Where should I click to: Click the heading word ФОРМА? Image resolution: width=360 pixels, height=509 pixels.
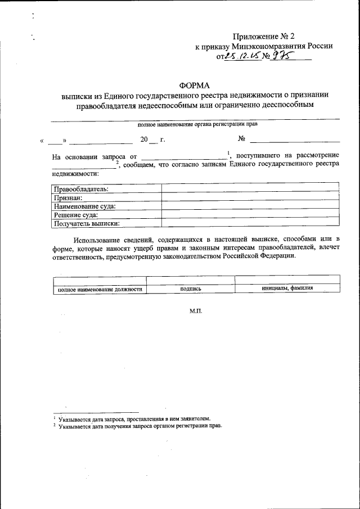[x=194, y=85]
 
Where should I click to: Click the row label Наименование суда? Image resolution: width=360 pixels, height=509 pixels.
[x=85, y=206]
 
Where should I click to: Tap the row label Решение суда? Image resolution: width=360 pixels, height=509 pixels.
[x=76, y=214]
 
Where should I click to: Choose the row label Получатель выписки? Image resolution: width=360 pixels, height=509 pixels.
[x=87, y=223]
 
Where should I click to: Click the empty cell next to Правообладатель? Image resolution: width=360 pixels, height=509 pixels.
[x=250, y=189]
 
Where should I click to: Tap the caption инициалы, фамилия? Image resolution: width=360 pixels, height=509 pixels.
[x=287, y=288]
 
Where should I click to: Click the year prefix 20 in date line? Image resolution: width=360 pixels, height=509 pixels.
[x=145, y=138]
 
